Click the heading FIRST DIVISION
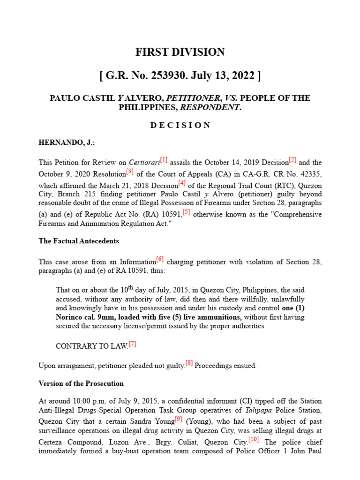pyautogui.click(x=180, y=52)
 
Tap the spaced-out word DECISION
pyautogui.click(x=180, y=125)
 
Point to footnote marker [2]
pyautogui.click(x=292, y=160)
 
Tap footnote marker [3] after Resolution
pyautogui.click(x=130, y=171)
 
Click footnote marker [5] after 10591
pyautogui.click(x=186, y=212)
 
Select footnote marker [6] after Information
pyautogui.click(x=160, y=259)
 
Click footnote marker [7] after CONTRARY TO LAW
pyautogui.click(x=132, y=344)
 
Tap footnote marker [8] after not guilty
pyautogui.click(x=189, y=363)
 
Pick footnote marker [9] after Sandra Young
pyautogui.click(x=178, y=419)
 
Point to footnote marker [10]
pyautogui.click(x=254, y=439)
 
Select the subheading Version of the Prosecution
pyautogui.click(x=81, y=383)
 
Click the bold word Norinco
pyautogui.click(x=70, y=317)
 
